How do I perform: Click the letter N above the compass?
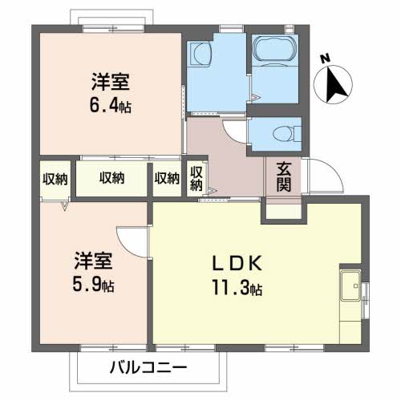point(325,59)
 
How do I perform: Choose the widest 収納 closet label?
point(111,178)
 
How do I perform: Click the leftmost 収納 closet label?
point(55,178)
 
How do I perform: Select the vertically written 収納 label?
point(196,178)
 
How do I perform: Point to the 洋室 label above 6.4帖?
point(111,80)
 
